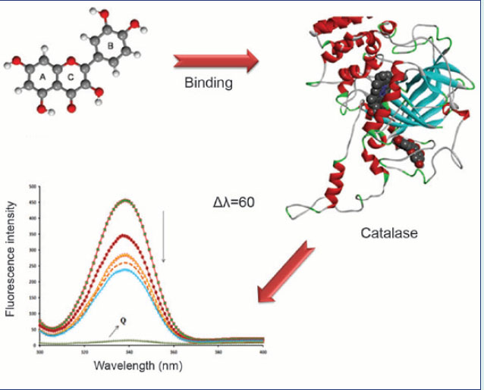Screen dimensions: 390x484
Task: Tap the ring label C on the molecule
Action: tap(71, 76)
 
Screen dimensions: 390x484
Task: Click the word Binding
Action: tap(209, 83)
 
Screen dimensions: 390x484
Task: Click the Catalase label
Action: tap(388, 232)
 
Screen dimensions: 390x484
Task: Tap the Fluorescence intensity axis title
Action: tap(11, 259)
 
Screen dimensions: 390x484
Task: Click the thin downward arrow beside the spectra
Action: tap(163, 242)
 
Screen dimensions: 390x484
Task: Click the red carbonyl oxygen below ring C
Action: tap(71, 108)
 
